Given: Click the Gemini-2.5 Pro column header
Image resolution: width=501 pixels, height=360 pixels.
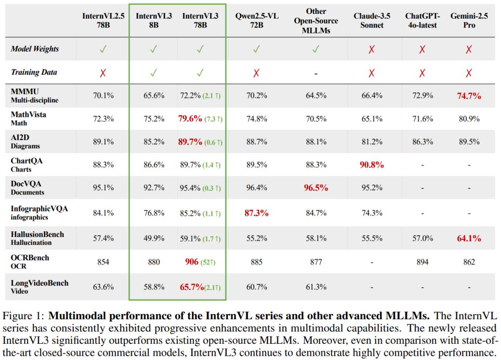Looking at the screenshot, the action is coord(469,20).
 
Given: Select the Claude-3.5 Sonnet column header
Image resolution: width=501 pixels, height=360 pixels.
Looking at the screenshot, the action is coord(372,20).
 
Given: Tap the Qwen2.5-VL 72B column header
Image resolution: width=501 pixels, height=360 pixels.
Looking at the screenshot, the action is coord(257,20).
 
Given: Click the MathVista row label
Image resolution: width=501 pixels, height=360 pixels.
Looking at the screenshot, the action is coord(28,118).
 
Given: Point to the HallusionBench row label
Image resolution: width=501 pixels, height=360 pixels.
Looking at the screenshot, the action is coord(38,238).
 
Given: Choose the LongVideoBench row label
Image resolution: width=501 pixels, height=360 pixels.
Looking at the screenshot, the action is coord(39,287).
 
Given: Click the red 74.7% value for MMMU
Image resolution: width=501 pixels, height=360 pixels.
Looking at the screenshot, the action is coord(469,96).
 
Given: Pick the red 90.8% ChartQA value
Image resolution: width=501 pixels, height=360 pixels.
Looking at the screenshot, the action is coord(372,165).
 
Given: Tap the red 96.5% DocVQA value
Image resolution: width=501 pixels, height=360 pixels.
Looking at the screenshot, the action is coord(316,188).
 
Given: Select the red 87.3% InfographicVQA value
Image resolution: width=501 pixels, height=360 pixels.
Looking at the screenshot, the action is coord(257,213).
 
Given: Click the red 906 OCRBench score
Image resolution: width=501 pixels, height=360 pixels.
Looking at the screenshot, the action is coord(192,262).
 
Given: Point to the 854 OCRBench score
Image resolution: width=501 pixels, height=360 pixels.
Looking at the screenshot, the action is coord(103,262).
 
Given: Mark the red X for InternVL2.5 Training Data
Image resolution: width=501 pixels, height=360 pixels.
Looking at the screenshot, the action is coord(103,73).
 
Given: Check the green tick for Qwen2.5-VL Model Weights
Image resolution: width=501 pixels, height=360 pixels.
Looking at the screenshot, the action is coord(256,49).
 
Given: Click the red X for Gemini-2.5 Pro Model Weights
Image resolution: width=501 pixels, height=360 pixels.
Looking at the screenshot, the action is coord(469,49).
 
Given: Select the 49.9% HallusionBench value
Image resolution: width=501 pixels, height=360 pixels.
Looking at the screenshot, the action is coord(154,238).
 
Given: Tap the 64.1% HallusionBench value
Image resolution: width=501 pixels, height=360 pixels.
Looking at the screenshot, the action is coord(469,238).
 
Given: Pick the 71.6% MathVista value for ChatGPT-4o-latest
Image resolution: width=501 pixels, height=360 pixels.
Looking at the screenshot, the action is coord(423,119).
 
